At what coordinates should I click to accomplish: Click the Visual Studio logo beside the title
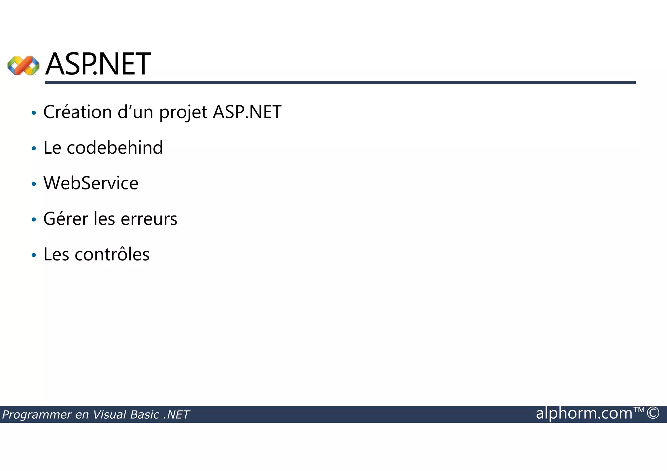point(23,65)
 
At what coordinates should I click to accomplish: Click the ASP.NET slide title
point(98,64)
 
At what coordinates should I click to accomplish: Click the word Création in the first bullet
point(78,112)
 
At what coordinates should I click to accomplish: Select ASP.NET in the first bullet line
point(247,112)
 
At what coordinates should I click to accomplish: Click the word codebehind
point(115,147)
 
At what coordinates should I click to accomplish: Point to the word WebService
point(91,183)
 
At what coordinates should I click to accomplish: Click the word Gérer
point(65,218)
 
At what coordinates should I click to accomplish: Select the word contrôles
point(112,254)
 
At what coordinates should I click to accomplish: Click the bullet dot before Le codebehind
point(34,149)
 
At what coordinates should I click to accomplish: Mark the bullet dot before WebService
point(34,184)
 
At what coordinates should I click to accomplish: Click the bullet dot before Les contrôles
point(34,255)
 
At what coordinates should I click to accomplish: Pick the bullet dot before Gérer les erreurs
point(34,220)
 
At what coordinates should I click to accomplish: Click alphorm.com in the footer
point(584,413)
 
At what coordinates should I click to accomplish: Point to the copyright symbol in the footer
point(653,413)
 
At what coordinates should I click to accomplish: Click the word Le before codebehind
point(52,147)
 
